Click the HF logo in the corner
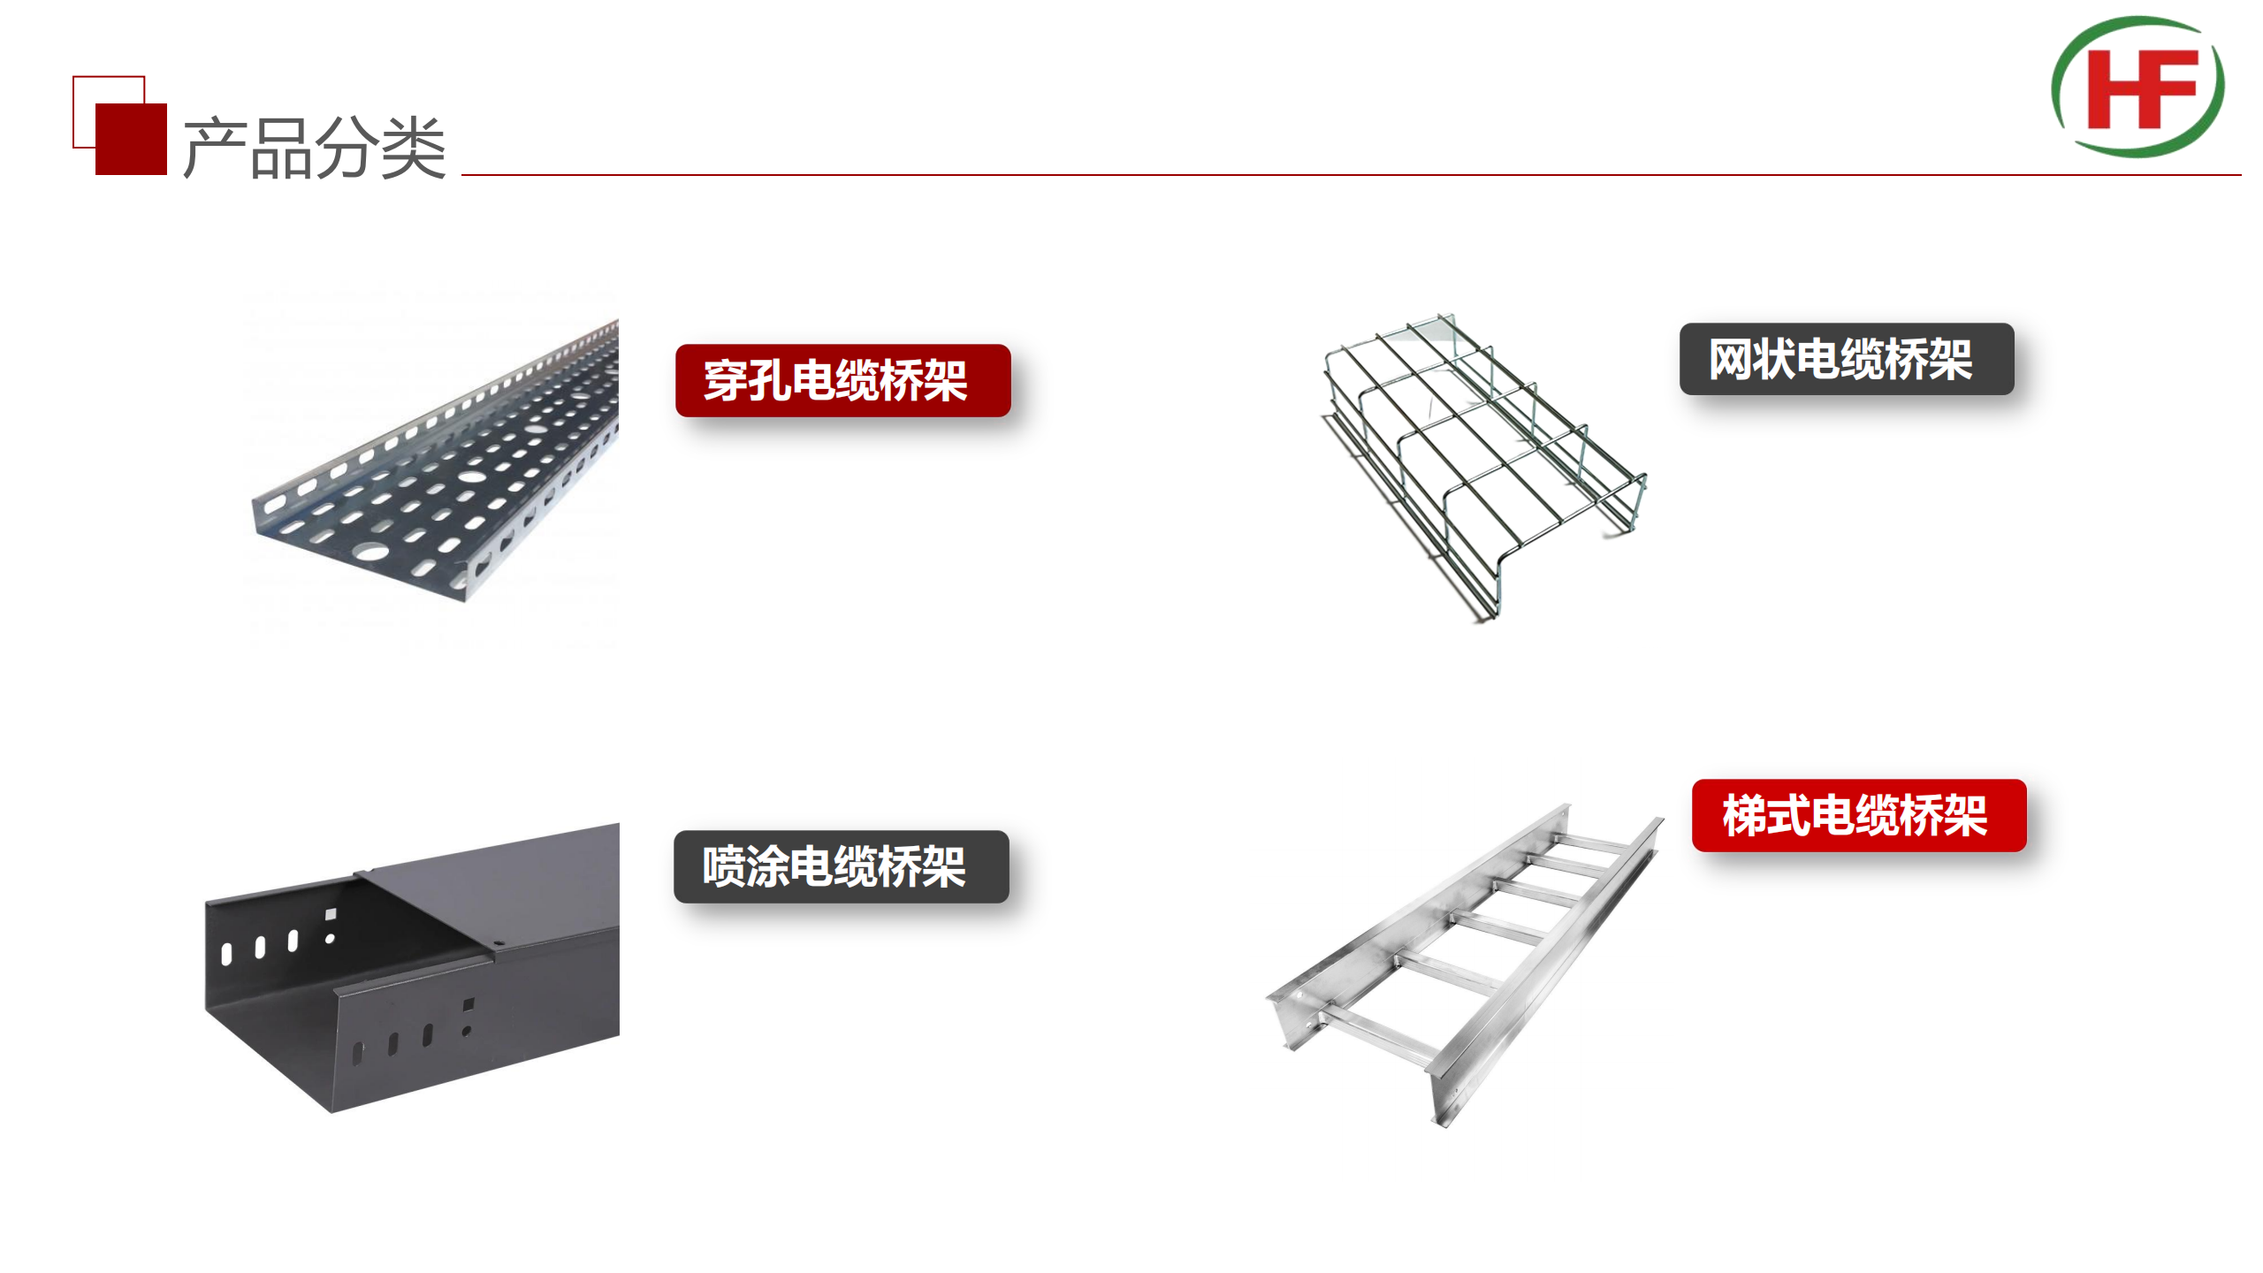point(2137,87)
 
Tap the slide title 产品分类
point(315,148)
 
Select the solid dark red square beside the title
point(131,139)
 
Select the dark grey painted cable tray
point(412,968)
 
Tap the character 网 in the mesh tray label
point(1731,360)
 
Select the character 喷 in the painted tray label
point(724,866)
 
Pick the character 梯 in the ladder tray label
point(1744,815)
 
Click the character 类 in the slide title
point(415,148)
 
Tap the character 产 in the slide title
point(215,148)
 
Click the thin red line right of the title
point(1352,175)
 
